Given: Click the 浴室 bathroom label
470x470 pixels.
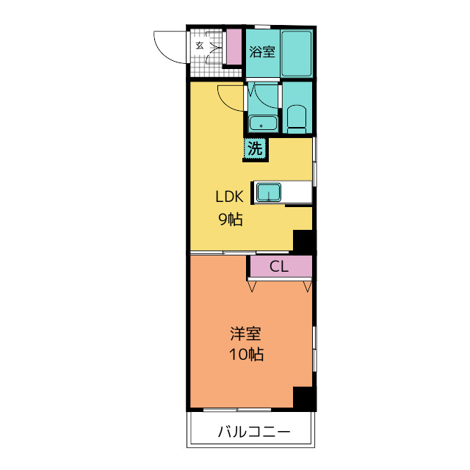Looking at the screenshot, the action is tap(262, 52).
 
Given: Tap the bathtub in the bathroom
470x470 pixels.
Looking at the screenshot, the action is tap(297, 54).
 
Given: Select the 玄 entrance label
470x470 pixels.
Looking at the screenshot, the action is tap(200, 46).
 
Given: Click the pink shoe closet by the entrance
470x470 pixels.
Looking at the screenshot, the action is tap(234, 46).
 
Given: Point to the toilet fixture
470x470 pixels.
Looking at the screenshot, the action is tap(297, 119).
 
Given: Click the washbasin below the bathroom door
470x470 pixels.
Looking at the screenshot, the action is tap(263, 123).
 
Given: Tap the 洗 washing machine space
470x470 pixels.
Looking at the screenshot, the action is tap(255, 148).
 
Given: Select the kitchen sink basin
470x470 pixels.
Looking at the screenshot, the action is tap(269, 192).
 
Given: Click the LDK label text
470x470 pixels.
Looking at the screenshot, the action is tap(229, 197).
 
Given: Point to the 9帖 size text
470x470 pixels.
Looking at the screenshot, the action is tap(230, 220).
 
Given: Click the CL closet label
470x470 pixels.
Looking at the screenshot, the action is tap(279, 266).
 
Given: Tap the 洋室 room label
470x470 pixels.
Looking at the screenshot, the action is tap(245, 333).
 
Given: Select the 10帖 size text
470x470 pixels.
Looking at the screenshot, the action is tap(247, 354).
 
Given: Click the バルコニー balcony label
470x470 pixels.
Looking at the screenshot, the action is tap(254, 432).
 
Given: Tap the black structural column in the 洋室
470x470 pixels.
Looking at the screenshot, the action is tap(303, 398).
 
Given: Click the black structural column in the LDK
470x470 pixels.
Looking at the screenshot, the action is tap(303, 242).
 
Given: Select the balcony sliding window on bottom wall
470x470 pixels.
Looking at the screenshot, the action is tap(237, 410).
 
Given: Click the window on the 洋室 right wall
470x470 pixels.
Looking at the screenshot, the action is tap(314, 349).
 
